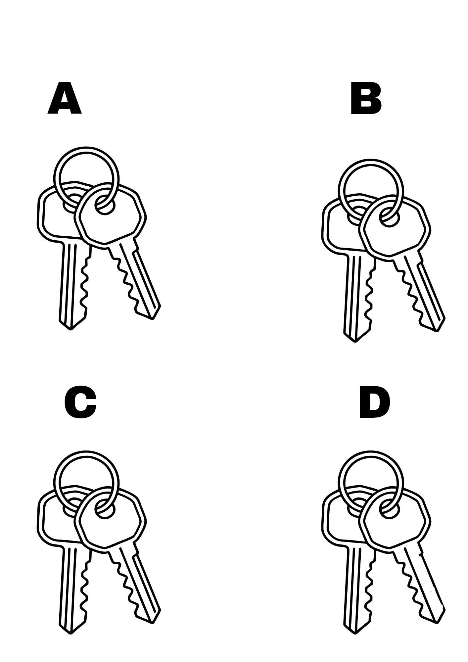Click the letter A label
(65, 98)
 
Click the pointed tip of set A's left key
(70, 329)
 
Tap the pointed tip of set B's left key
(355, 341)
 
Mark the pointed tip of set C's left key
(70, 633)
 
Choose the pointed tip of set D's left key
(355, 633)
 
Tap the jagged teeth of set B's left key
(370, 295)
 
